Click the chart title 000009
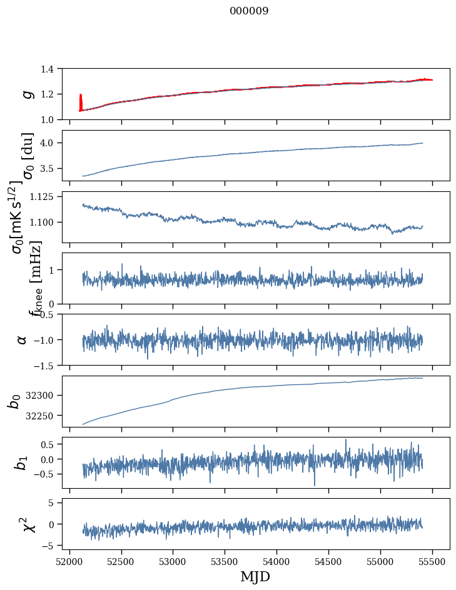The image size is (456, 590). coord(249,11)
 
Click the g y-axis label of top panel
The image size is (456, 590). coord(27,94)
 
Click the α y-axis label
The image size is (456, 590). coord(23,339)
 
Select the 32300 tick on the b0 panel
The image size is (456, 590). coord(45,396)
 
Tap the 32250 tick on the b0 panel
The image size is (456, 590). coord(45,416)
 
